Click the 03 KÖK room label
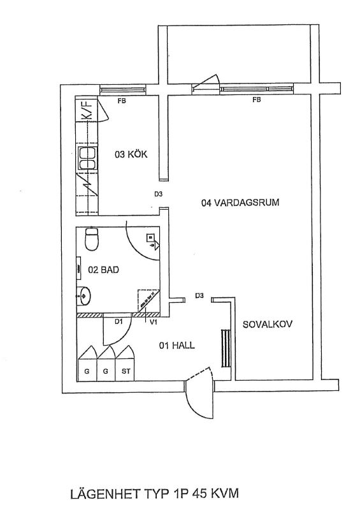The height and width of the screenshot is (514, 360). coord(131,154)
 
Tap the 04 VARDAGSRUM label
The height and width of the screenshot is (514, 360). coord(240,202)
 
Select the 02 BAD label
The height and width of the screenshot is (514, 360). coord(103,270)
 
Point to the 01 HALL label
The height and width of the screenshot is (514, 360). coord(177,345)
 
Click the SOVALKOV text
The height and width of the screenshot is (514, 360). coord(268,325)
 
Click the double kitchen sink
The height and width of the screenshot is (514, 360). coord(87,159)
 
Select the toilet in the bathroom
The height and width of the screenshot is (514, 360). coord(91,239)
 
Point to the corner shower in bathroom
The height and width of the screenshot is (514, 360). coord(148,300)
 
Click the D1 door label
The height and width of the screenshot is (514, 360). coord(119,322)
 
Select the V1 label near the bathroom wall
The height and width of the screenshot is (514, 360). coord(154,322)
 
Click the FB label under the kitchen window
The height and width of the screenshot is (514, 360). coord(122,101)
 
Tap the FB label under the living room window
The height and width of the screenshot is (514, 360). coord(257,99)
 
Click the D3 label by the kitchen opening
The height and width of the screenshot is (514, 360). coord(159,194)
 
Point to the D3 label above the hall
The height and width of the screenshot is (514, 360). coord(199,295)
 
